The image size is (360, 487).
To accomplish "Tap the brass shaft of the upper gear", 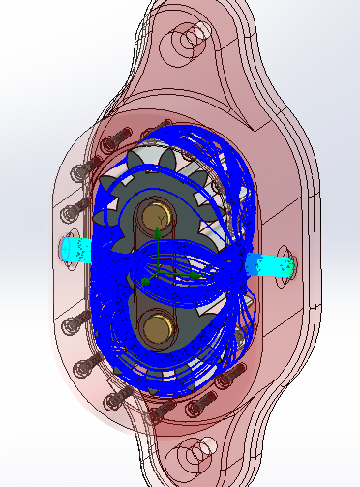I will tap(157, 217).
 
